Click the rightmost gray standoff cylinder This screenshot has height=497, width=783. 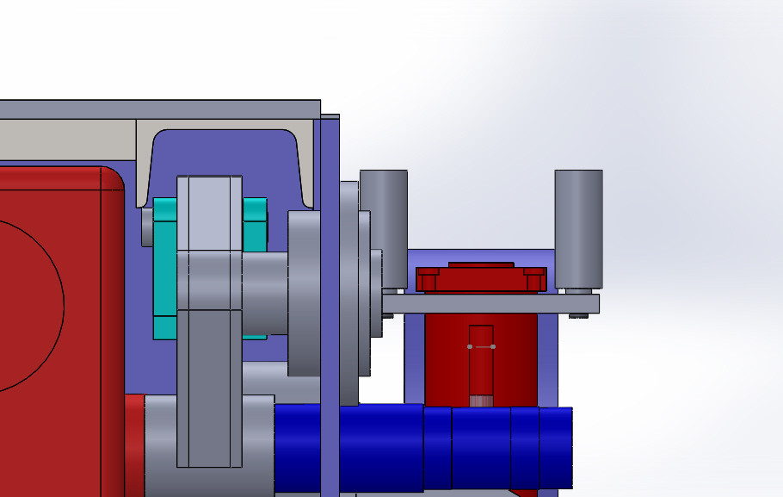578,227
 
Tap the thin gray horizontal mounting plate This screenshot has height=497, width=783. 490,303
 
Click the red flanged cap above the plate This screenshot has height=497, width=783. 481,277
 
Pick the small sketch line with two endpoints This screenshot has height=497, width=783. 481,346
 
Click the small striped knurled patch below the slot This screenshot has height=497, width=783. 481,400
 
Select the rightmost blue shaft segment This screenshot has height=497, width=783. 556,446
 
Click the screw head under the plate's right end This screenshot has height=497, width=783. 579,316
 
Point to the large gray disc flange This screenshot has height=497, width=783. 304,293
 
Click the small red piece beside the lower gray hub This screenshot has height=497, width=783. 134,444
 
